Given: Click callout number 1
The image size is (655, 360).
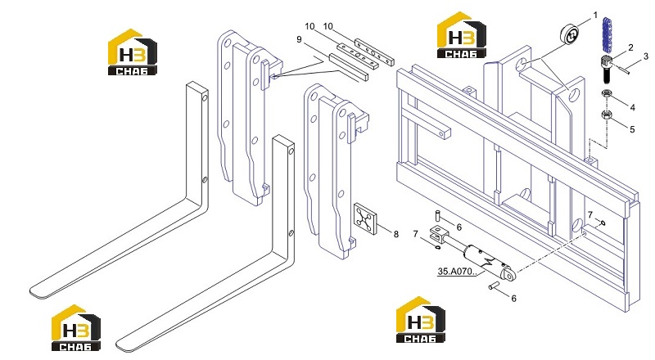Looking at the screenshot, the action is click(x=595, y=16).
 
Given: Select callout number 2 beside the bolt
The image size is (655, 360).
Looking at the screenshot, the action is click(x=630, y=47).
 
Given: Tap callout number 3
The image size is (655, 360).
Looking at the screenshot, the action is click(x=646, y=56).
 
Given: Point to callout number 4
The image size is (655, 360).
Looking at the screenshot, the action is click(x=632, y=108).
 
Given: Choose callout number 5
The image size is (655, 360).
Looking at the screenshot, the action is click(x=632, y=129).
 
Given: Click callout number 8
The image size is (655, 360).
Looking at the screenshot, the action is click(x=396, y=234).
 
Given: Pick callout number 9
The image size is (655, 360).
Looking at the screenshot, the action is click(x=299, y=39).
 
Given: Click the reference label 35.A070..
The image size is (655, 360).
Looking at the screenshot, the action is click(x=457, y=272).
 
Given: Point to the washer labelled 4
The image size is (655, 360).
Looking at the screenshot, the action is click(x=607, y=93).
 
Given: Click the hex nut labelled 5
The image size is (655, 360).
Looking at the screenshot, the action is click(x=607, y=115).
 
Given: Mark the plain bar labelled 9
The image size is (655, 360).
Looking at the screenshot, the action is click(x=349, y=66).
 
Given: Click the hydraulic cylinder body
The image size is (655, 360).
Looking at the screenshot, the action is click(x=486, y=261).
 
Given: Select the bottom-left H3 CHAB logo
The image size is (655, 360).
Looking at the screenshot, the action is click(x=76, y=328).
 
